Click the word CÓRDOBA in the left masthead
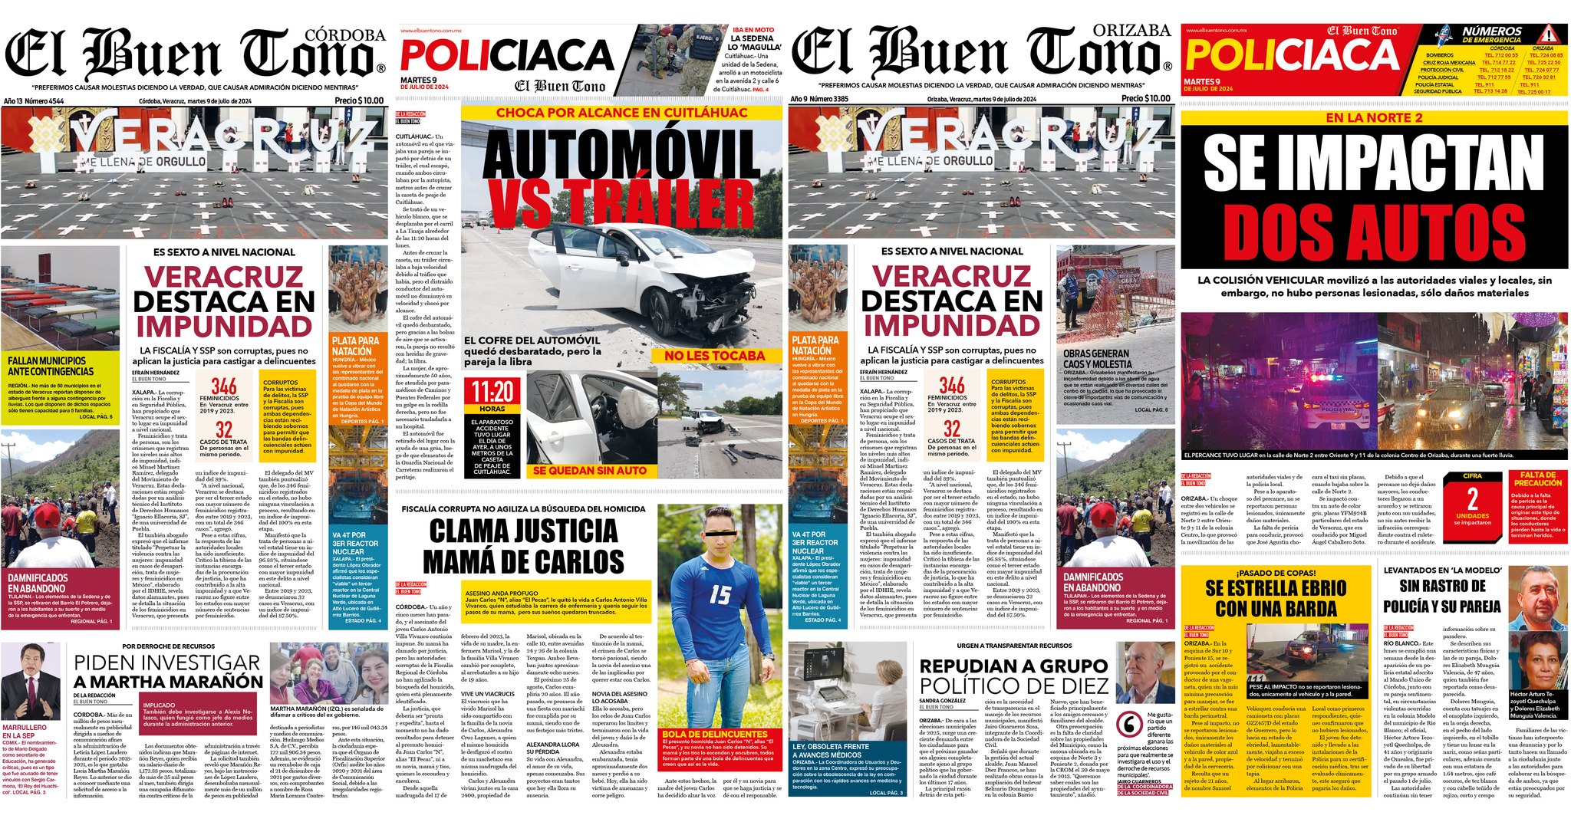[x=344, y=35]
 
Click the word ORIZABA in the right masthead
[x=1131, y=31]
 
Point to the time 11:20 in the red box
[x=492, y=393]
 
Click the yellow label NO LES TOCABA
[x=714, y=356]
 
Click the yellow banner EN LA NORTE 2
[x=1374, y=117]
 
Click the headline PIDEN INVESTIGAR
[x=167, y=663]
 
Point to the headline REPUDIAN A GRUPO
[x=1013, y=666]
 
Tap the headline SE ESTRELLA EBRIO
[x=1275, y=588]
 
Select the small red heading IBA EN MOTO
[x=754, y=30]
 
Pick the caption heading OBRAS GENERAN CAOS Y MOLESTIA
[x=1096, y=359]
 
